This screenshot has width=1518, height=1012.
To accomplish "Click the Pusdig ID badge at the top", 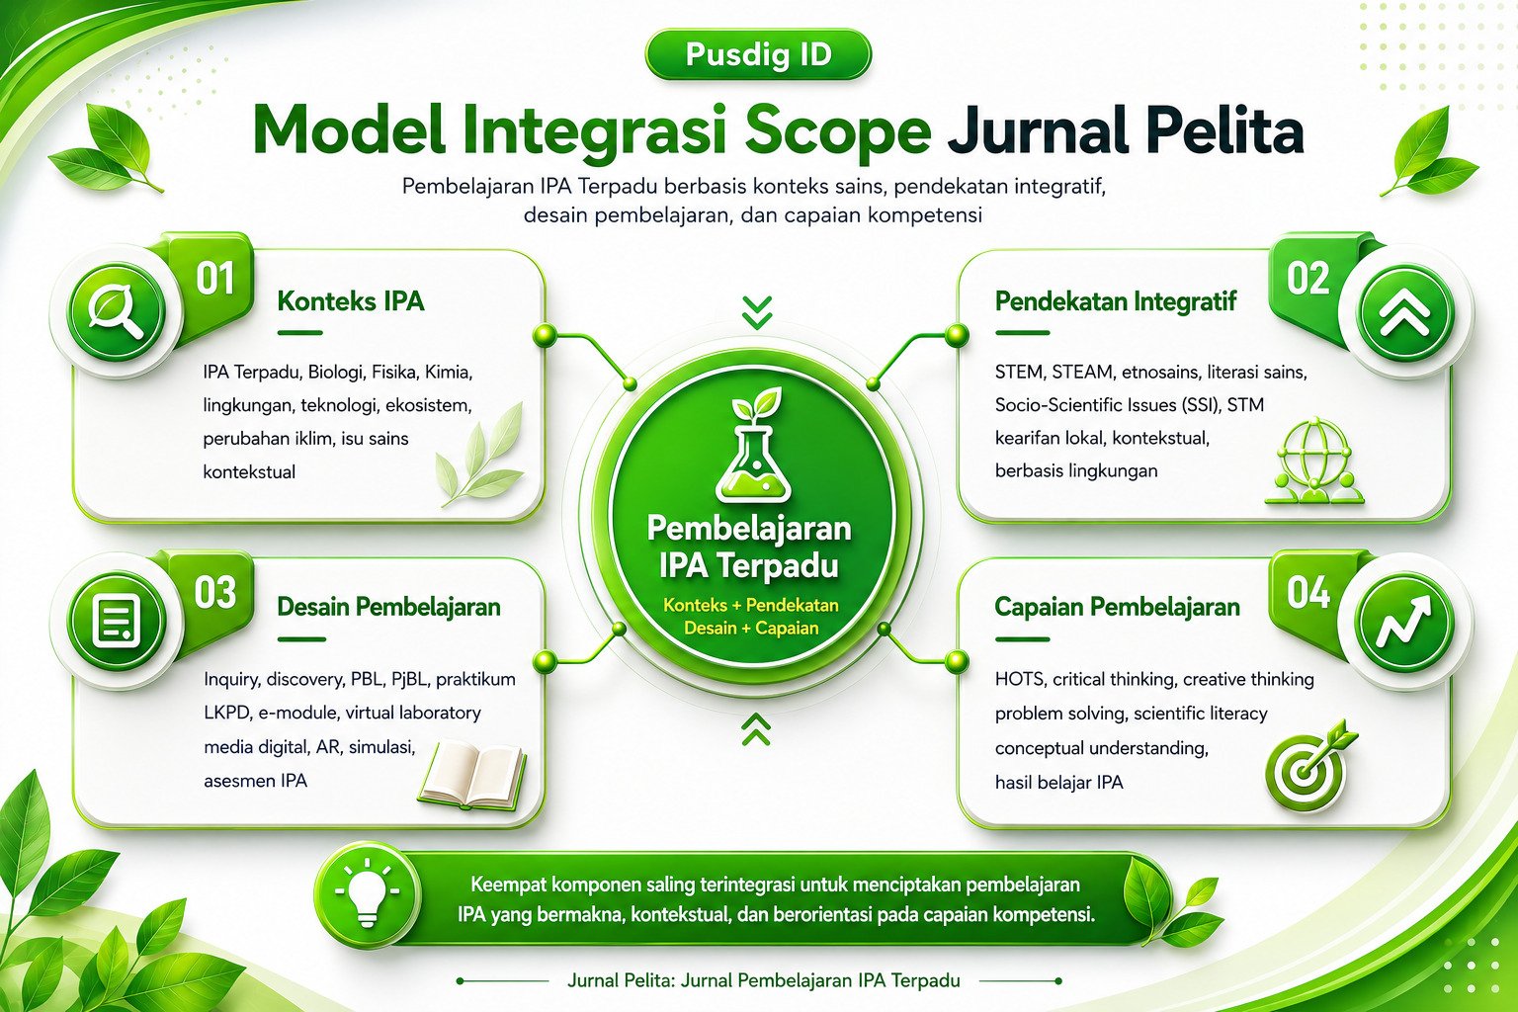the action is [x=758, y=54].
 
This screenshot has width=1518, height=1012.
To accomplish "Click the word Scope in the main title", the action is [x=838, y=132].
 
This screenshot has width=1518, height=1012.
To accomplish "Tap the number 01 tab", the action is [x=214, y=279].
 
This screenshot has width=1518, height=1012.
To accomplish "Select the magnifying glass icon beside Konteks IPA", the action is [x=117, y=311].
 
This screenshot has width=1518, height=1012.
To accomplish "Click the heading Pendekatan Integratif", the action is [x=1116, y=301].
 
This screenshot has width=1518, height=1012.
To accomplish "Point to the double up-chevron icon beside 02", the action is [x=1404, y=311].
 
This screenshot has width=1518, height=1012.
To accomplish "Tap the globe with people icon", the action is [x=1313, y=461].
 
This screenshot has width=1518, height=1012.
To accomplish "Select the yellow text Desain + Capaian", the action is [x=751, y=629].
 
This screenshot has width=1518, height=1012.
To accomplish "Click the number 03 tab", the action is [x=214, y=592].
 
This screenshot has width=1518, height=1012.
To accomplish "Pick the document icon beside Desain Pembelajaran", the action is [x=117, y=621].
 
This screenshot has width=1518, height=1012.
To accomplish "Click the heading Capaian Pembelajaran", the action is [x=1117, y=607].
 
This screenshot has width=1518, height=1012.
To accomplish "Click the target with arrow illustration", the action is [x=1309, y=767].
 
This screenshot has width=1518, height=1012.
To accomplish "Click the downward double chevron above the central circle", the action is [x=756, y=312].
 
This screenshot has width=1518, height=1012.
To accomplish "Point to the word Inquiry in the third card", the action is [x=231, y=680].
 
